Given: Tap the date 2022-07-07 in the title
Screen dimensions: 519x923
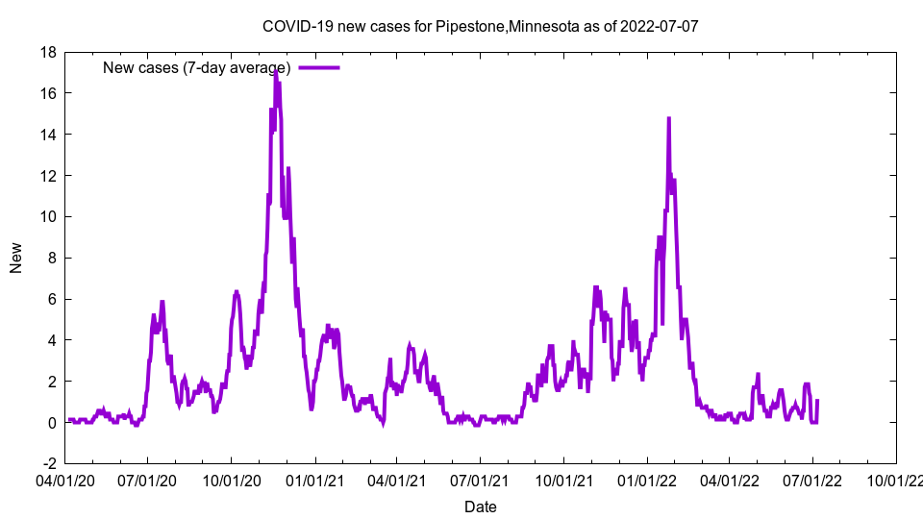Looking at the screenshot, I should pos(661,26).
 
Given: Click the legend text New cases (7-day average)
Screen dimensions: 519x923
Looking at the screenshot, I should pos(196,67).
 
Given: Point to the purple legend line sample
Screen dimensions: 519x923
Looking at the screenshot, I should pos(319,67).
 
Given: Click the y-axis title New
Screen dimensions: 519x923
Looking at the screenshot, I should pos(16,258).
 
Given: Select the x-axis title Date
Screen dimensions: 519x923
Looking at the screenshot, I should pos(481,507).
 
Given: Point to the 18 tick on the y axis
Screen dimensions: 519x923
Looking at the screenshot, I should pos(47,52).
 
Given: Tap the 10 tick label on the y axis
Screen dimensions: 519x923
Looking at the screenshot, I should pos(47,217).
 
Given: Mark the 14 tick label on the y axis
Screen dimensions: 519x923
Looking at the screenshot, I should pos(47,135).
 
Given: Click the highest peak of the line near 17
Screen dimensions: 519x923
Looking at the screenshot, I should pos(276,70).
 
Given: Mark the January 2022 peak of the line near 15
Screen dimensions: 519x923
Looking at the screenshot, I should pos(668,118).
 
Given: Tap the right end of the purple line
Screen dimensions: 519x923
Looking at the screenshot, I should pos(817,401).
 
